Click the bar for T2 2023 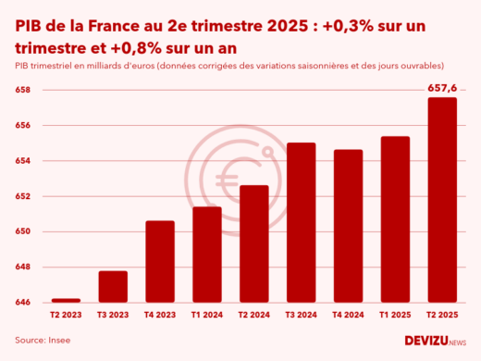65,300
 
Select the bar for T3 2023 112,287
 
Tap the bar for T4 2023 159,262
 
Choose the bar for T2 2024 253,244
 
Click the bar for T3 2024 301,223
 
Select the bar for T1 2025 395,219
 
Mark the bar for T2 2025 442,200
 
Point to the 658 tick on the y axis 23,91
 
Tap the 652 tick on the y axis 23,196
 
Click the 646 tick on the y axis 23,303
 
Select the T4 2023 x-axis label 159,316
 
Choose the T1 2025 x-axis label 395,316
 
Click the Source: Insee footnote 43,341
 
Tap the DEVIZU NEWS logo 436,341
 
